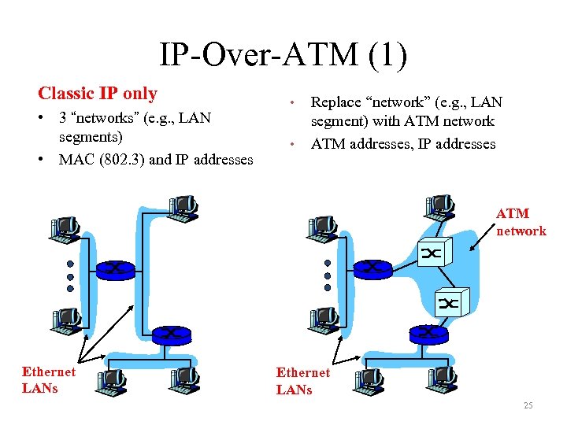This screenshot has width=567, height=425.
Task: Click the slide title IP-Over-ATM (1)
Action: (x=283, y=56)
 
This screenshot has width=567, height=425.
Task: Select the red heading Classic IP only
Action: (x=98, y=94)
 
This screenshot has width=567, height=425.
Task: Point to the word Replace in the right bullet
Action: (x=336, y=102)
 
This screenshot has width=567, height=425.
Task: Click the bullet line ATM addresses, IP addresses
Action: (x=403, y=144)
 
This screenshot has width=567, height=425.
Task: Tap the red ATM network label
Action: (x=520, y=222)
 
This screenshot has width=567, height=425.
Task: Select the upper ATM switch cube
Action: (x=435, y=251)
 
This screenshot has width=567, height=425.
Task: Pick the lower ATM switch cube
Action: (x=451, y=302)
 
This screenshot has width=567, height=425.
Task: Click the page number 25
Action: (x=528, y=405)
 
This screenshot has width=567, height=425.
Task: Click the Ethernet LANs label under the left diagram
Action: (x=49, y=380)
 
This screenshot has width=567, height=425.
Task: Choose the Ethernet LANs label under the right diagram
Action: (x=303, y=381)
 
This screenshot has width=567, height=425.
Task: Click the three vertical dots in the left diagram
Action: (x=70, y=277)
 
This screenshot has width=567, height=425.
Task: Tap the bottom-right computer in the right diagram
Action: (x=442, y=379)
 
